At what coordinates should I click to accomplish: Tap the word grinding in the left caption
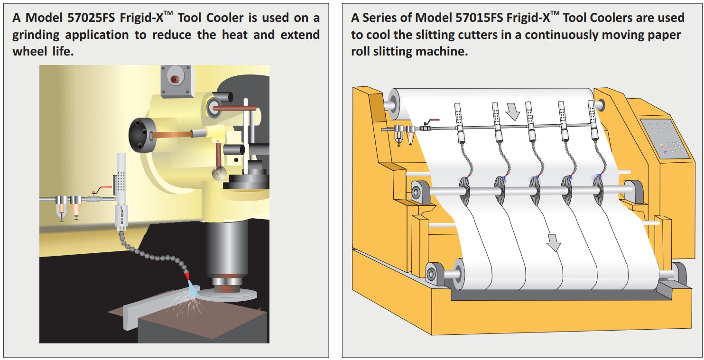[x=37, y=35]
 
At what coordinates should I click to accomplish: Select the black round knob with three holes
[x=143, y=135]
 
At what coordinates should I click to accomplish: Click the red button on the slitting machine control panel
[x=663, y=148]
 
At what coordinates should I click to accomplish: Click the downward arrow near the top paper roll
[x=513, y=112]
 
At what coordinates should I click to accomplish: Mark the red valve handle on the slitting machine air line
[x=433, y=121]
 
